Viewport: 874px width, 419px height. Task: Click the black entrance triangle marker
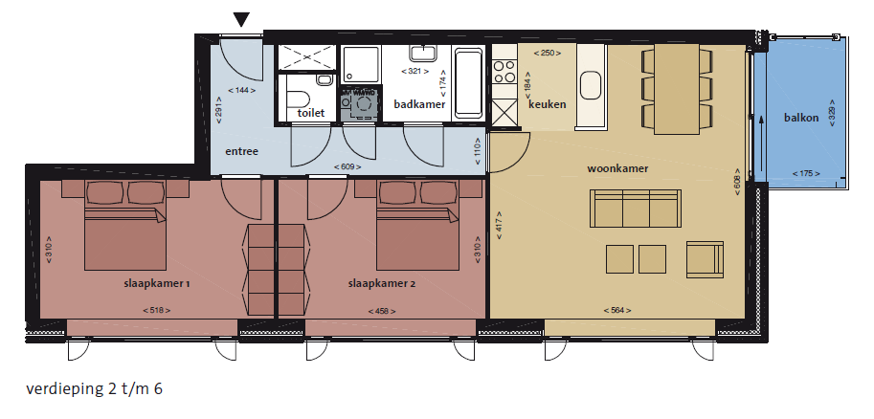[241, 19]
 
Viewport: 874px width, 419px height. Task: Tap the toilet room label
[310, 113]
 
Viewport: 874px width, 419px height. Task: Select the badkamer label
[419, 104]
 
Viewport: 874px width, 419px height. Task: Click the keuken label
[548, 104]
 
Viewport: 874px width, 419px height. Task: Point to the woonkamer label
[617, 168]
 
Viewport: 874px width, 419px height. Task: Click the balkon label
[801, 118]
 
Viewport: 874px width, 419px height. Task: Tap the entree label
[241, 151]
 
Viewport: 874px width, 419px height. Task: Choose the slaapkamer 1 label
[157, 283]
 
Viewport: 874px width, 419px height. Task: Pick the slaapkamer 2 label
[382, 283]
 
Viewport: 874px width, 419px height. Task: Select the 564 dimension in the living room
[617, 310]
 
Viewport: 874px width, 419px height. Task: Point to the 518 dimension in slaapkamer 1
[157, 310]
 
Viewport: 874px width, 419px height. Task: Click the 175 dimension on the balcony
[806, 173]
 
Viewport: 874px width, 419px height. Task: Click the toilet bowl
[297, 99]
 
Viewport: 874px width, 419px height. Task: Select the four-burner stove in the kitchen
[504, 72]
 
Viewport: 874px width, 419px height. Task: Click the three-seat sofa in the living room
[636, 209]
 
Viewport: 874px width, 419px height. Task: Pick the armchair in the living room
[706, 259]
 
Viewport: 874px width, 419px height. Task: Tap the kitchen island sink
[591, 86]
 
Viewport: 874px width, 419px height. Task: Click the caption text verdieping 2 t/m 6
[94, 389]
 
